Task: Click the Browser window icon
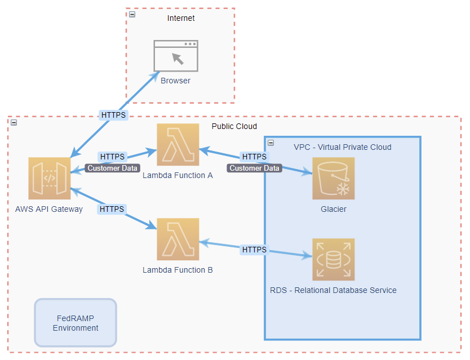pyautogui.click(x=176, y=55)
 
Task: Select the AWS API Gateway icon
pyautogui.click(x=50, y=179)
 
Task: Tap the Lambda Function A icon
pyautogui.click(x=178, y=145)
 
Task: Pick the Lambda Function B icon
pyautogui.click(x=178, y=239)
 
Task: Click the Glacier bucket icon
pyautogui.click(x=334, y=179)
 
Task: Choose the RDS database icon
pyautogui.click(x=334, y=260)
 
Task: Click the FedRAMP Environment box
pyautogui.click(x=76, y=323)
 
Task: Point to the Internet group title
pyautogui.click(x=181, y=18)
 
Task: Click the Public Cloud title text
pyautogui.click(x=234, y=126)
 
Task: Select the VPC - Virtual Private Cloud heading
pyautogui.click(x=342, y=147)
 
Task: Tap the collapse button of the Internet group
pyautogui.click(x=132, y=14)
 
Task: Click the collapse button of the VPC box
pyautogui.click(x=271, y=143)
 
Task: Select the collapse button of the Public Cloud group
pyautogui.click(x=14, y=122)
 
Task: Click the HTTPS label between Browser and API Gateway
pyautogui.click(x=113, y=115)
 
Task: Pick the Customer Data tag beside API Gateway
pyautogui.click(x=113, y=168)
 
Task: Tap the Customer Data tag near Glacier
pyautogui.click(x=254, y=168)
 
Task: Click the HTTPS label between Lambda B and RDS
pyautogui.click(x=254, y=250)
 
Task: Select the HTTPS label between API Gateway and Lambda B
pyautogui.click(x=112, y=209)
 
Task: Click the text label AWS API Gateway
pyautogui.click(x=49, y=209)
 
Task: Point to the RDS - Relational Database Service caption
pyautogui.click(x=333, y=290)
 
